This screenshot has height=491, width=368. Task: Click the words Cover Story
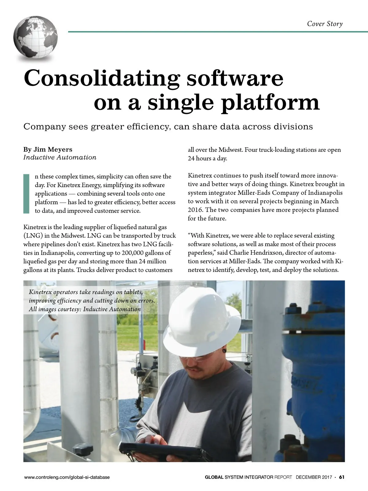point(325,24)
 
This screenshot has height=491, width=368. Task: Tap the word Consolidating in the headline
point(102,79)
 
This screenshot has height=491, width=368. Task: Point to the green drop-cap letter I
point(26,193)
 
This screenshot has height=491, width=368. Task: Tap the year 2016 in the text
point(195,210)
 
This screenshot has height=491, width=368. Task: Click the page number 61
point(342,477)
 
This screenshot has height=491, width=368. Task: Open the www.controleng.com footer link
point(67,477)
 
